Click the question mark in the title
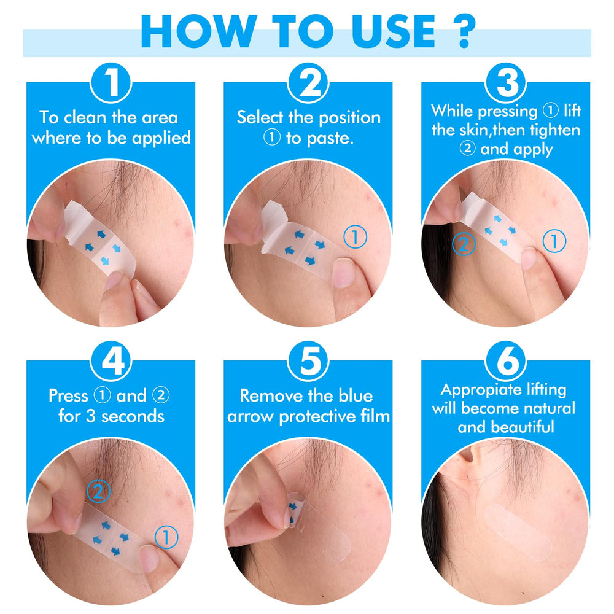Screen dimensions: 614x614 click(464, 31)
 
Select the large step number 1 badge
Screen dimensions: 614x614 click(111, 83)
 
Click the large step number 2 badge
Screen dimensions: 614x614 click(309, 83)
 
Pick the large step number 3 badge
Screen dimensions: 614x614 click(506, 83)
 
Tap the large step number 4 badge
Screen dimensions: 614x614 click(111, 361)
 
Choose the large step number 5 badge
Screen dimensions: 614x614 click(309, 361)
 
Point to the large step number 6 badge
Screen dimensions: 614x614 click(506, 361)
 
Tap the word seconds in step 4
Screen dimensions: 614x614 click(133, 416)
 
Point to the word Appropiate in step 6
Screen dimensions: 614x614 click(474, 390)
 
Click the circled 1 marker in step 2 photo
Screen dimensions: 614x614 click(355, 236)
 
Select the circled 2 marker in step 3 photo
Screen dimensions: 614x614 click(464, 244)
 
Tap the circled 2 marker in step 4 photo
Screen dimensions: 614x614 click(98, 491)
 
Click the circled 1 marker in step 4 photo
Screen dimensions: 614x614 click(166, 537)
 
